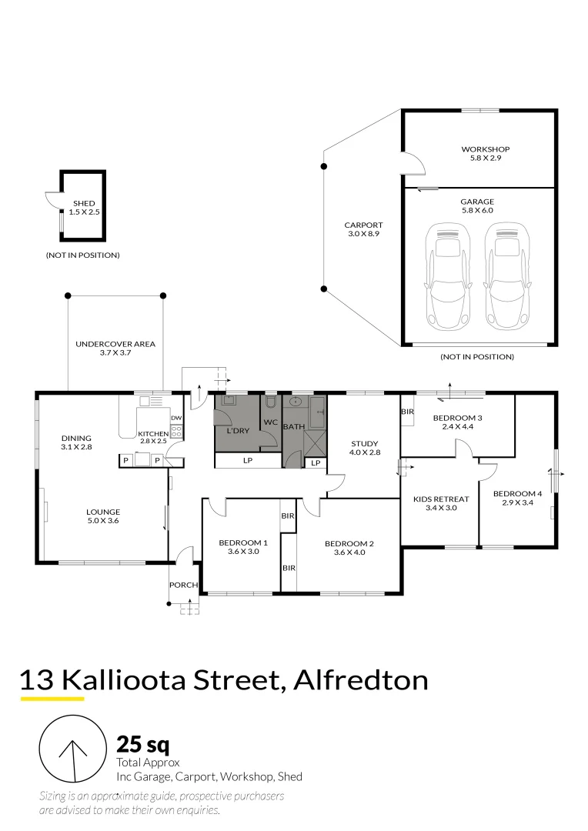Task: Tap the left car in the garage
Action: click(448, 275)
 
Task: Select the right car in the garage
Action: click(506, 275)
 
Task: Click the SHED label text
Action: click(84, 203)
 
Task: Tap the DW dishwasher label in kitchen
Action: click(175, 419)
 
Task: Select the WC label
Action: click(270, 422)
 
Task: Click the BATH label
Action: click(294, 426)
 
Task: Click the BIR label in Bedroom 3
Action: click(408, 412)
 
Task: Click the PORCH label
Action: click(184, 586)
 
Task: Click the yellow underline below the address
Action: click(52, 699)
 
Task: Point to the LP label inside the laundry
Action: click(247, 460)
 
